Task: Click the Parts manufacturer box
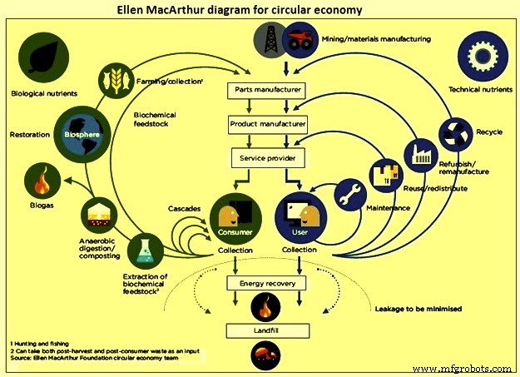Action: [265, 89]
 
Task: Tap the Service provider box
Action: [265, 157]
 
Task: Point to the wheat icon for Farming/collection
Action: [116, 80]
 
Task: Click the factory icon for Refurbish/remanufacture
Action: [417, 156]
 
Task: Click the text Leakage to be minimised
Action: [415, 308]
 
